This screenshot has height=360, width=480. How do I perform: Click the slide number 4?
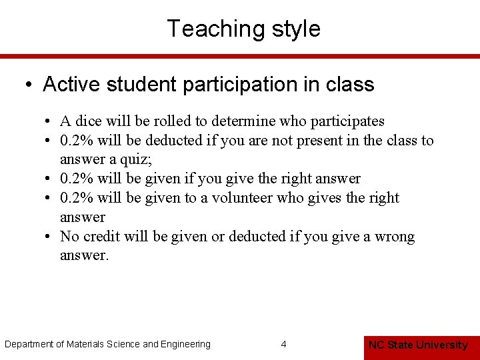pos(284,345)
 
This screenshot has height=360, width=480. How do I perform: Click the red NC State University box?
pos(418,345)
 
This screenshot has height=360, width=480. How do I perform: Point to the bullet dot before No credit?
pos(50,237)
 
